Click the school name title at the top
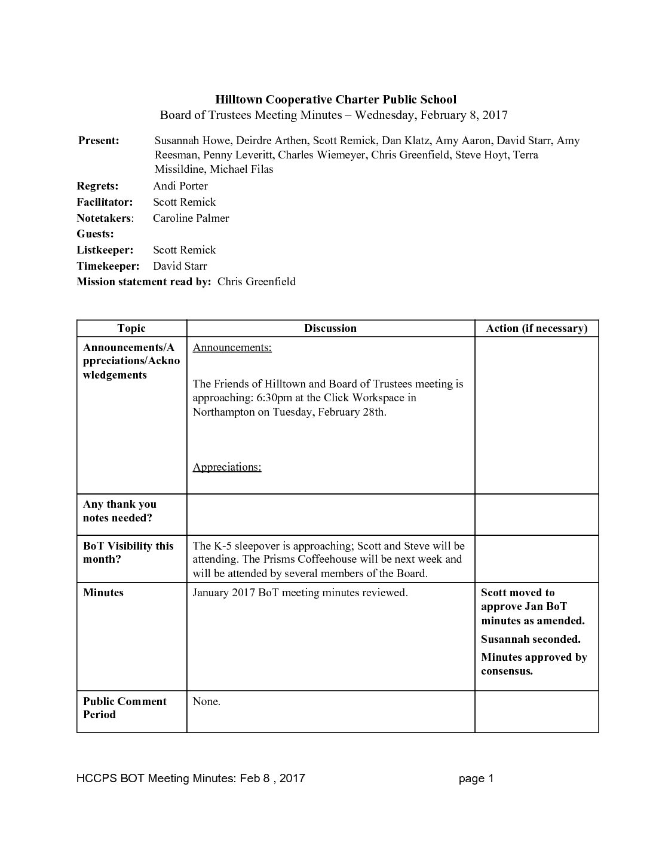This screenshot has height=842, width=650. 335,99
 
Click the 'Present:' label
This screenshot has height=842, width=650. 99,141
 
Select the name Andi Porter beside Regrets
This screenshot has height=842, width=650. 180,186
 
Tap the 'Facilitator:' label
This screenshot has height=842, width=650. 105,202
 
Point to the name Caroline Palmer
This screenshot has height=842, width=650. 191,218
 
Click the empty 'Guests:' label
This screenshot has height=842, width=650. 95,234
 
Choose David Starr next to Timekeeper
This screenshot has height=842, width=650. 180,266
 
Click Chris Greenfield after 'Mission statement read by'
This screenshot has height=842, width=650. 256,282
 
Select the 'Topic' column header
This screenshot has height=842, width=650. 131,328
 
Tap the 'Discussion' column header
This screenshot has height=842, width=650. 330,328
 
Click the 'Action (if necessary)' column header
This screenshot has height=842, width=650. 536,328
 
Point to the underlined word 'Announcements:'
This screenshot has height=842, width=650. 232,348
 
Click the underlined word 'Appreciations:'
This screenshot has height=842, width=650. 227,467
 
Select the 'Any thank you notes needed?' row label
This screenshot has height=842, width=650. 119,511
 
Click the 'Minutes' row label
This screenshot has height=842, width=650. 103,593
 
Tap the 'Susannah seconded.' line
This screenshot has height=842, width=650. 531,639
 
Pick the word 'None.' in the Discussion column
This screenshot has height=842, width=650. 207,701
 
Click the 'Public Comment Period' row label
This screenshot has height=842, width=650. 124,708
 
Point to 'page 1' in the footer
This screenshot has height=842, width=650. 476,778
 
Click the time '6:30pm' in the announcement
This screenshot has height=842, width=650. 274,398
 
